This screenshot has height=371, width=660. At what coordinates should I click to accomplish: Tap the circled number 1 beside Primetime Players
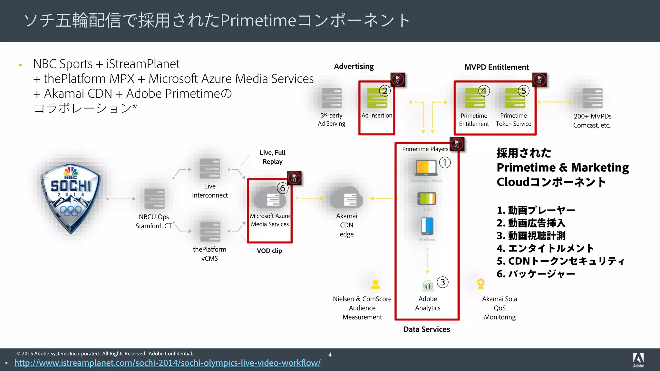pyautogui.click(x=445, y=162)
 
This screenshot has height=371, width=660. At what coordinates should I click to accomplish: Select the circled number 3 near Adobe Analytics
pyautogui.click(x=443, y=282)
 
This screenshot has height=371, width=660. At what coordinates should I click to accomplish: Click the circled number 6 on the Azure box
pyautogui.click(x=283, y=188)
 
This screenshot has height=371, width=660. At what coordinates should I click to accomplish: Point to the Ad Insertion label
pyautogui.click(x=377, y=116)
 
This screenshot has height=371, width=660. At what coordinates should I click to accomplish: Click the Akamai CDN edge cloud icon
pyautogui.click(x=347, y=199)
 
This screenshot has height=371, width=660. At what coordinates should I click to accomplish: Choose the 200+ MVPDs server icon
pyautogui.click(x=592, y=99)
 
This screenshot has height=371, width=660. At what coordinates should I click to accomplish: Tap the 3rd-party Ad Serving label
pyautogui.click(x=332, y=119)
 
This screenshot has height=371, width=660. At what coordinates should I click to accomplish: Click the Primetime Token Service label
pyautogui.click(x=513, y=120)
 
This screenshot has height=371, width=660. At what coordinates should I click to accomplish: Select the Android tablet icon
pyautogui.click(x=427, y=226)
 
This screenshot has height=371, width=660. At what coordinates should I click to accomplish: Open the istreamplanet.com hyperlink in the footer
pyautogui.click(x=168, y=363)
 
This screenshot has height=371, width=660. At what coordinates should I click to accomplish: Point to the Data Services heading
pyautogui.click(x=426, y=329)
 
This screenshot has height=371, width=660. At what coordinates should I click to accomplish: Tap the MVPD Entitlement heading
pyautogui.click(x=496, y=67)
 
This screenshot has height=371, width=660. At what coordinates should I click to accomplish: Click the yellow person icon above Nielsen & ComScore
pyautogui.click(x=375, y=284)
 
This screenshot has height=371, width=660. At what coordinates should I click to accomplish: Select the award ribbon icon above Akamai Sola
pyautogui.click(x=480, y=284)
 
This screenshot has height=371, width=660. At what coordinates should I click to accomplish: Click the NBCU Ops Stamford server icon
pyautogui.click(x=154, y=199)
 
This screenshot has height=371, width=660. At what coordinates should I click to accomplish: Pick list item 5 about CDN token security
pyautogui.click(x=560, y=261)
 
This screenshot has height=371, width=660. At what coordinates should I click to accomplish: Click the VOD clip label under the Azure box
pyautogui.click(x=269, y=251)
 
